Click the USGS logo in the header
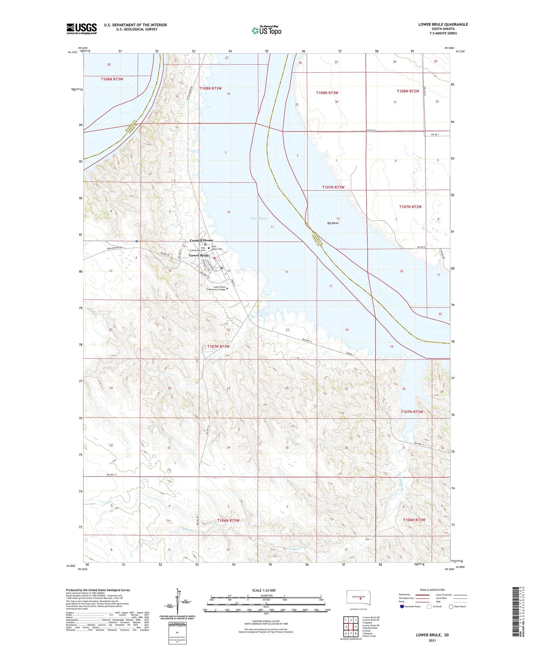81,29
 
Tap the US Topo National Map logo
266,30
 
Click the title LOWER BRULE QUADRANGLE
443,24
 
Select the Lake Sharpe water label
259,218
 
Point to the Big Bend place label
333,223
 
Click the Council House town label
202,240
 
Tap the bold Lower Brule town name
199,256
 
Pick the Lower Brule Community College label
217,288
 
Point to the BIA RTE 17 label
112,475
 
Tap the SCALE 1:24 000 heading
264,590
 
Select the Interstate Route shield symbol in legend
402,606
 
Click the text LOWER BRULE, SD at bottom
432,635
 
